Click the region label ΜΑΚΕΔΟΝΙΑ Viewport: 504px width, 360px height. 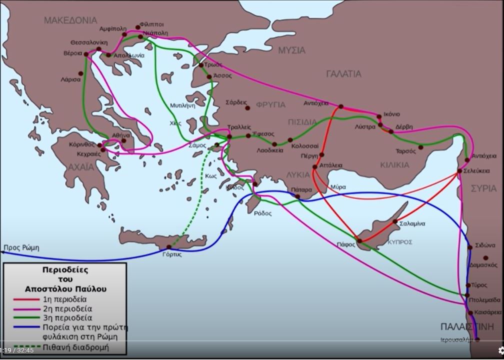(70, 20)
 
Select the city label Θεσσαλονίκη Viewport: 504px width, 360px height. (88, 42)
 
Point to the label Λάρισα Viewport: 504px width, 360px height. (70, 79)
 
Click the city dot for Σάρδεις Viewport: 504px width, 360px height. (247, 108)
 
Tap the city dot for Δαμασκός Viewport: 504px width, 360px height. (485, 258)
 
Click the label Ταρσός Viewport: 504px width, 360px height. (405, 151)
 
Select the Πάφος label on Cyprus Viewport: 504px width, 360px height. (345, 244)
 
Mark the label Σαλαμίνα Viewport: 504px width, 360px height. (412, 223)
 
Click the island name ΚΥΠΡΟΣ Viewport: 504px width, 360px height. (400, 242)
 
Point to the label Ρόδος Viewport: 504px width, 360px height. (262, 213)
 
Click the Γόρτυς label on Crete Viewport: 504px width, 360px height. (172, 254)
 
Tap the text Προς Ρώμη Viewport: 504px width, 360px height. (21, 247)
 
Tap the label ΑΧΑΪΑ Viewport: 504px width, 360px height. (81, 166)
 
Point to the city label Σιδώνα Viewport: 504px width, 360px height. (485, 245)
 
